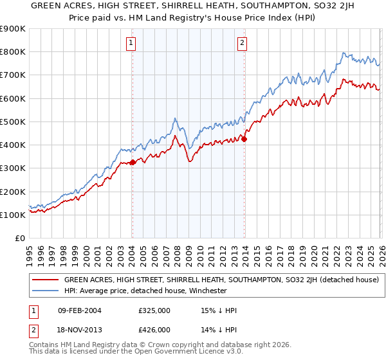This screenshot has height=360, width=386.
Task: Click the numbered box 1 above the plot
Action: (131, 43)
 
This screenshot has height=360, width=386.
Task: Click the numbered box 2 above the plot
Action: (243, 43)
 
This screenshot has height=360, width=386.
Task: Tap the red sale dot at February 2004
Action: (133, 162)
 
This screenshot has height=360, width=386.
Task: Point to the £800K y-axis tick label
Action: (12, 52)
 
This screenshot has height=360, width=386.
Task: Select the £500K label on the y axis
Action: (12, 122)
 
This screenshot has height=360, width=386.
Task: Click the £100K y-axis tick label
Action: (12, 215)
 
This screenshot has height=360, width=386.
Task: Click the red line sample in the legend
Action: (44, 280)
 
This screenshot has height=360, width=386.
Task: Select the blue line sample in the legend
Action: (44, 291)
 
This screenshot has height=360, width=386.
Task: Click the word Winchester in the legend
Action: (207, 291)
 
